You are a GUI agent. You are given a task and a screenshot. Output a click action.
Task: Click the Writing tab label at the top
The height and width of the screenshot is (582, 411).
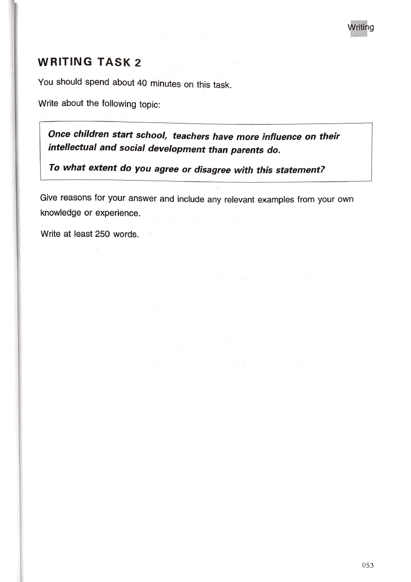point(361,27)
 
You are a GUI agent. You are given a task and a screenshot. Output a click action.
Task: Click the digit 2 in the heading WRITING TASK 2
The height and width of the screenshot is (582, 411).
point(137,63)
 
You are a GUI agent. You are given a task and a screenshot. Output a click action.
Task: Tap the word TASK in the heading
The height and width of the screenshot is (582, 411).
point(114,62)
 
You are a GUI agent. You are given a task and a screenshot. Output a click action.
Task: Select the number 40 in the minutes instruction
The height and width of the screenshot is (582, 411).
point(142,83)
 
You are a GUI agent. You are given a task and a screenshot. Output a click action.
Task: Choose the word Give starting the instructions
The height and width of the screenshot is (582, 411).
point(49,198)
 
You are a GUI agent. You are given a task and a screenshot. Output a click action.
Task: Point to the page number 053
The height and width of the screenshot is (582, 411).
point(367,565)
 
